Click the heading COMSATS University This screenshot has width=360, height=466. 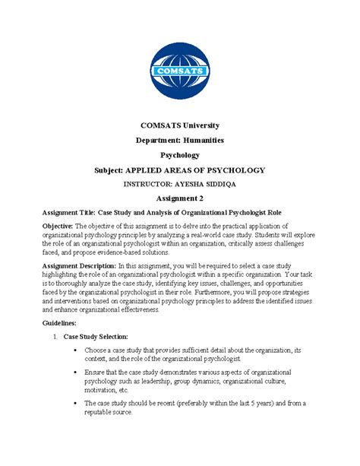point(180,125)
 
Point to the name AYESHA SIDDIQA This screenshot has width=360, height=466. point(210,183)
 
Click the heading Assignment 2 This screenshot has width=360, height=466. point(180,198)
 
